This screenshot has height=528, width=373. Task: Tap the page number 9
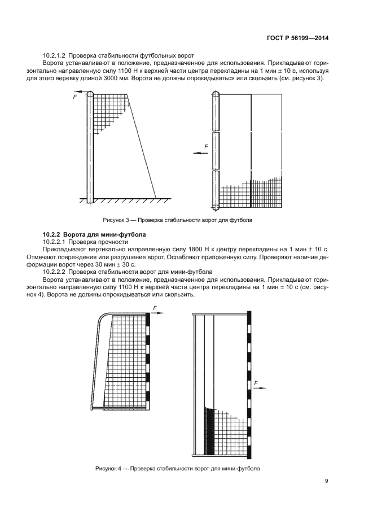pyautogui.click(x=326, y=481)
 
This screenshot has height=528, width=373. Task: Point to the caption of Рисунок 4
pyautogui.click(x=177, y=469)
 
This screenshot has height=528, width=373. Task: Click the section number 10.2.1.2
pyautogui.click(x=56, y=55)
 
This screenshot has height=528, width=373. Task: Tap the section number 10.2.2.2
pyautogui.click(x=56, y=271)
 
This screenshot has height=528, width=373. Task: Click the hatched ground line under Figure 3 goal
pyautogui.click(x=124, y=199)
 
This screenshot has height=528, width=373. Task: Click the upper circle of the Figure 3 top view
pyautogui.click(x=217, y=96)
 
